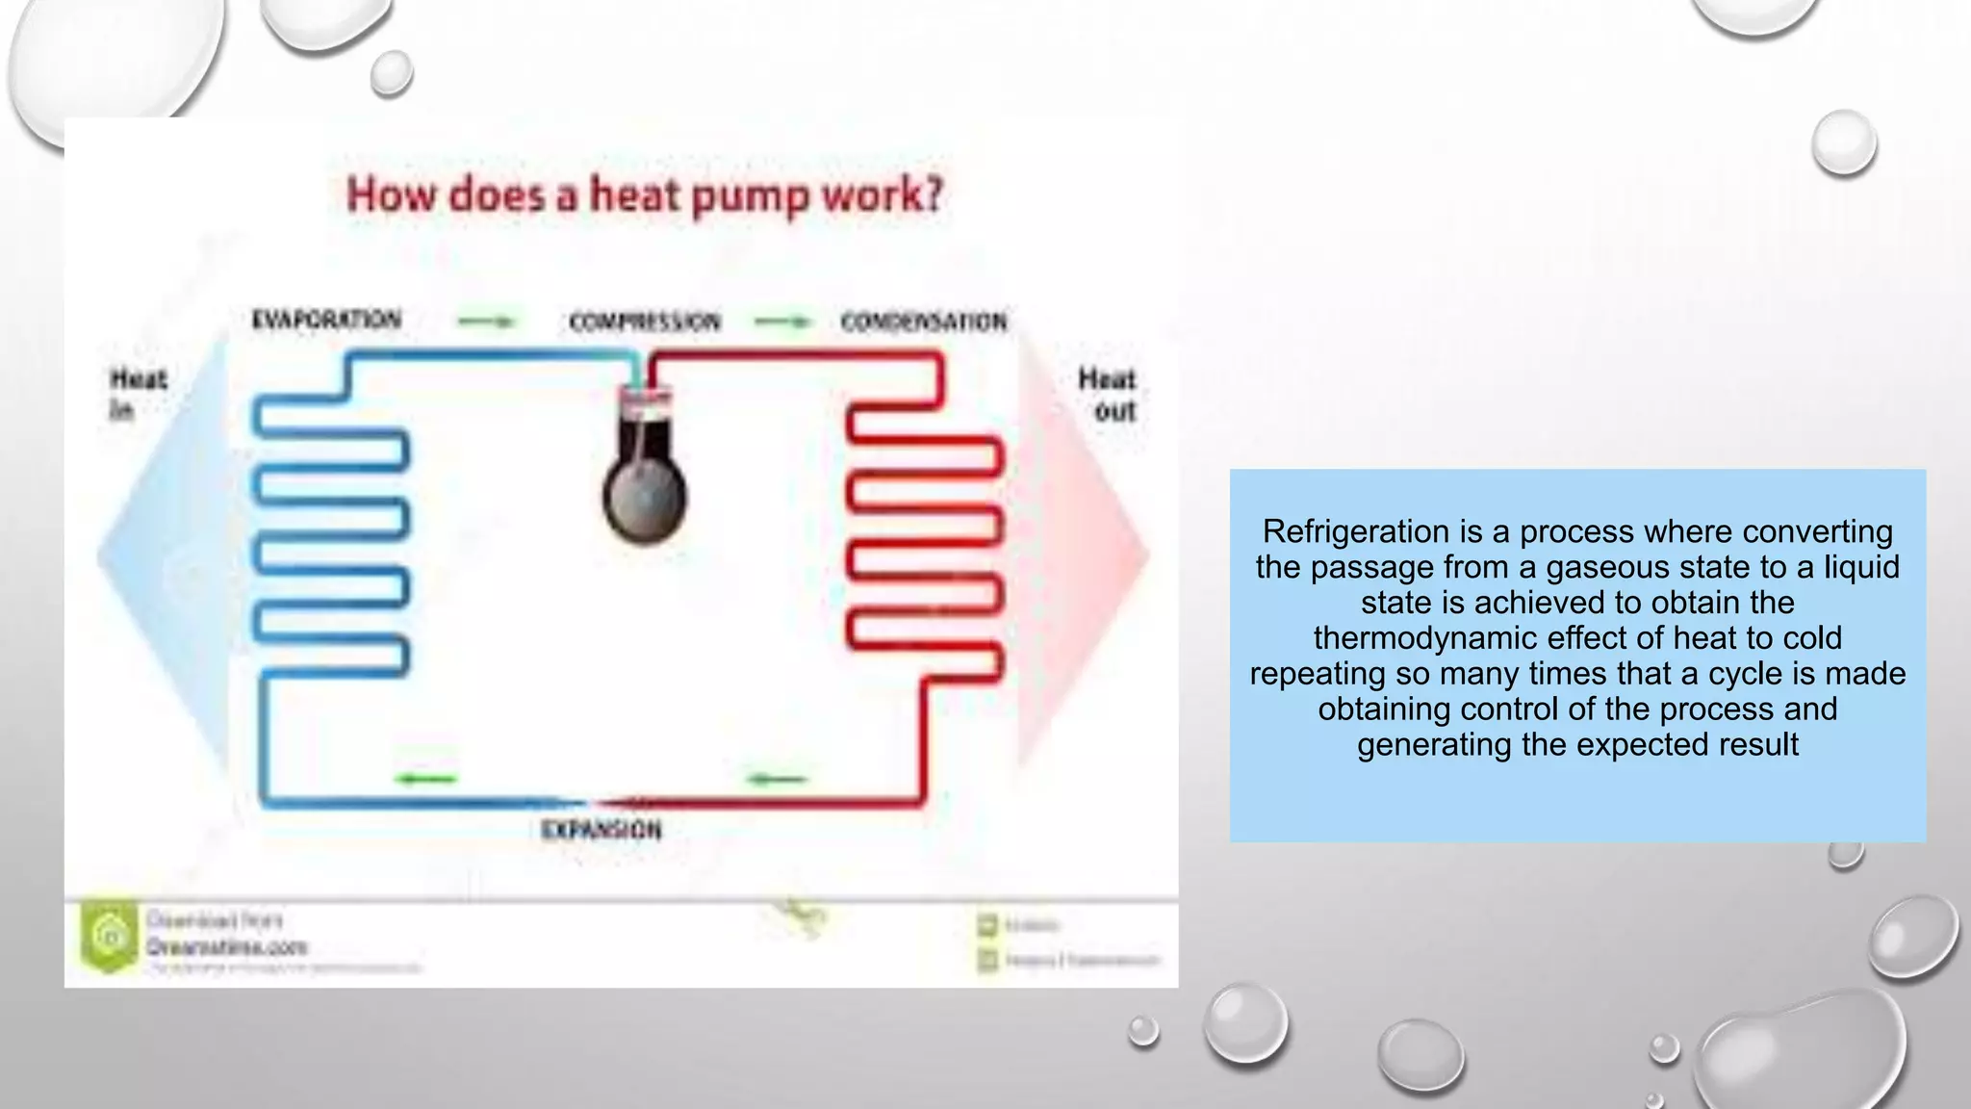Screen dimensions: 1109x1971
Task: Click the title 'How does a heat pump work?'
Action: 645,194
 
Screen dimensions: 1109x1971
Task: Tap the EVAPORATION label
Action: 326,320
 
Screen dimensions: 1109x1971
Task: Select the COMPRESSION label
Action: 644,322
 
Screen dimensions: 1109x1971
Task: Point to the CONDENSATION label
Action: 924,322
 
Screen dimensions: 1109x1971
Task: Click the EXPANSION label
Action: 602,830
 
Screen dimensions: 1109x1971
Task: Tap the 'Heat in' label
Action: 138,394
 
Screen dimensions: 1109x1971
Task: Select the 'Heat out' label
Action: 1107,395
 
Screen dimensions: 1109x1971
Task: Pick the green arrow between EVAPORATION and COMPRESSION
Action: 486,322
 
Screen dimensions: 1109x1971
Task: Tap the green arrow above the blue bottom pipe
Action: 426,778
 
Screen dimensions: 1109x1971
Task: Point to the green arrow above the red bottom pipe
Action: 778,778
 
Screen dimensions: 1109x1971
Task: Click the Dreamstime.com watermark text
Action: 227,947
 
